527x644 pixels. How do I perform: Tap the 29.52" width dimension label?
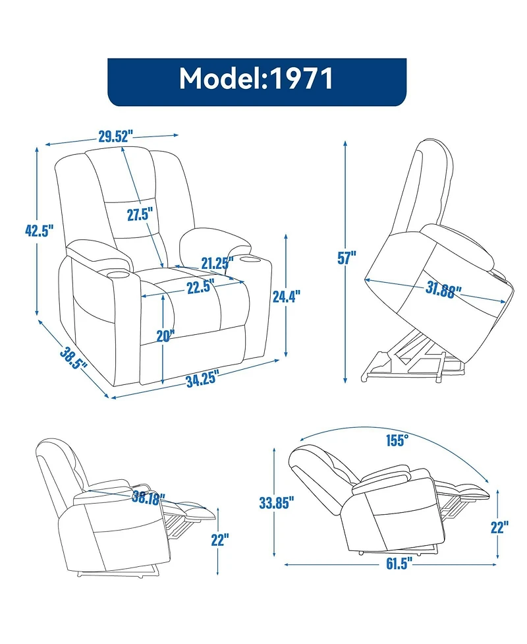tap(116, 137)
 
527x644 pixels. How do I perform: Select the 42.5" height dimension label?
tap(39, 231)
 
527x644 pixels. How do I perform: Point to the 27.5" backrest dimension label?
tap(140, 214)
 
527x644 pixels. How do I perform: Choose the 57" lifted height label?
tap(347, 258)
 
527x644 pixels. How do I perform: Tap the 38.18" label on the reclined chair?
tap(148, 498)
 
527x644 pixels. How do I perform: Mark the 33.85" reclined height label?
tap(276, 504)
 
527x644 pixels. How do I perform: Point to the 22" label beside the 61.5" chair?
tap(499, 527)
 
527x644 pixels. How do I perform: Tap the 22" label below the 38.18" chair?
tap(220, 541)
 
